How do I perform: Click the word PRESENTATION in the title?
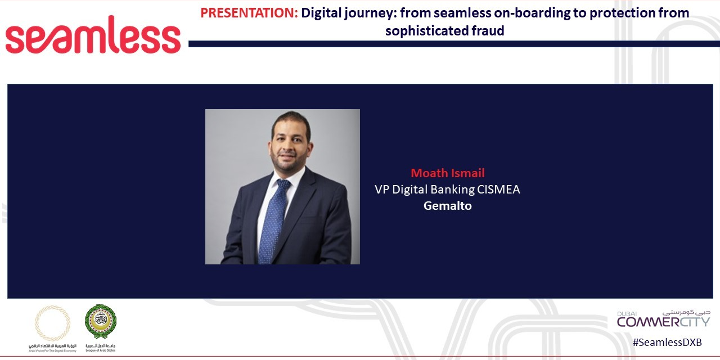coord(249,13)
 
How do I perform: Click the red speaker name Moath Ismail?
coord(447,173)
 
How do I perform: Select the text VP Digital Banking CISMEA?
coord(447,190)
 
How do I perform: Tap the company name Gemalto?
coord(447,206)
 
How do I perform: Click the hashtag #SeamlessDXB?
coord(667,343)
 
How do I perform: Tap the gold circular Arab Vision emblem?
coord(53,323)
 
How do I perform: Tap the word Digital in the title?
coord(321,13)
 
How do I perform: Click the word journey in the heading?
coord(368,13)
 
